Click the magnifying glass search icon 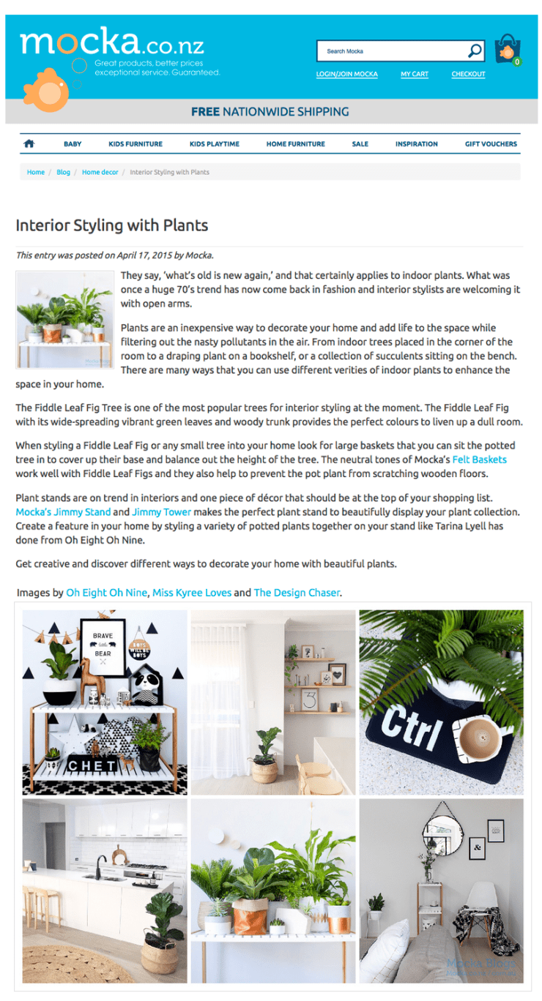click(475, 50)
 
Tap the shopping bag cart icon click(508, 49)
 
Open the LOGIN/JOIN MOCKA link click(346, 74)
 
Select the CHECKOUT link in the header click(468, 74)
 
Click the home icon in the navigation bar click(29, 143)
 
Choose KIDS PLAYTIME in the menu click(214, 144)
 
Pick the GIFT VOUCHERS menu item click(491, 144)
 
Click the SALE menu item click(360, 144)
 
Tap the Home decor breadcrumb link click(100, 172)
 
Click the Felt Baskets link click(480, 460)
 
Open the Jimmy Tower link click(161, 511)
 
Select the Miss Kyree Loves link click(192, 593)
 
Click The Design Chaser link click(297, 593)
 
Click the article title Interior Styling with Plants click(112, 225)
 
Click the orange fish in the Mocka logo click(47, 90)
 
